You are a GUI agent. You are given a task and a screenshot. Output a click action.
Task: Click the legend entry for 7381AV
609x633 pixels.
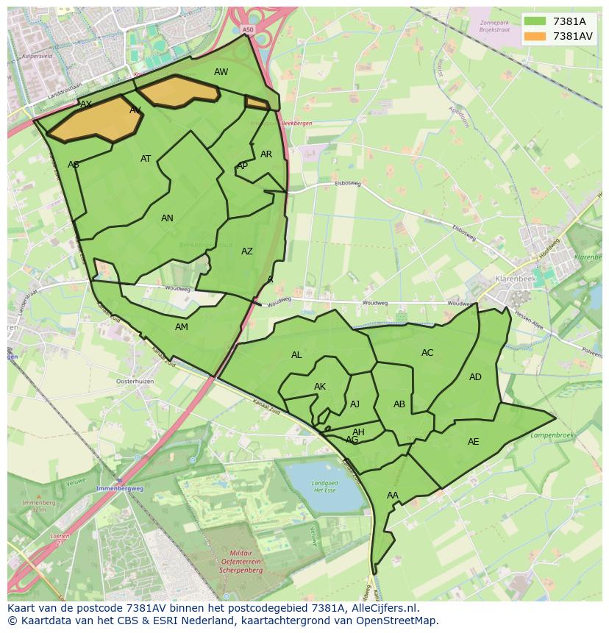click(572, 36)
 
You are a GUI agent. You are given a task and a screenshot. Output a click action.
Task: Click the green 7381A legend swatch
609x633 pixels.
click(535, 21)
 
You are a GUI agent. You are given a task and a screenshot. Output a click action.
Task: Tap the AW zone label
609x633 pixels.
click(221, 72)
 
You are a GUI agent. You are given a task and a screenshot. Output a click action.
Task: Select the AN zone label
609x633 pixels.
click(167, 218)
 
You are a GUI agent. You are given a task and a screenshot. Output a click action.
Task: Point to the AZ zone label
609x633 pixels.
click(247, 251)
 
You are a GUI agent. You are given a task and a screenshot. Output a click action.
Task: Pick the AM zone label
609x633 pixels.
click(181, 327)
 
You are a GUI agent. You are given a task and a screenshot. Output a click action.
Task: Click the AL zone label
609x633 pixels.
click(296, 355)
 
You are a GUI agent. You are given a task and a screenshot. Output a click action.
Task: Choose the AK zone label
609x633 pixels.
click(319, 387)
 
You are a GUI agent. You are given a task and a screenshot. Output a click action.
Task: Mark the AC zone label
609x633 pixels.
click(427, 353)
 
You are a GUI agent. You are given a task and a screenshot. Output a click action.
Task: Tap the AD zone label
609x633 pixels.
click(475, 377)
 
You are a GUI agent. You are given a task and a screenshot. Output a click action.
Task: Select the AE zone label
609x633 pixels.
click(473, 442)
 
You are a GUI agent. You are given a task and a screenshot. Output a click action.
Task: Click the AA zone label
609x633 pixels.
click(392, 496)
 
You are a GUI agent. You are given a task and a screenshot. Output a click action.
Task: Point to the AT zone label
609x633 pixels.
click(146, 159)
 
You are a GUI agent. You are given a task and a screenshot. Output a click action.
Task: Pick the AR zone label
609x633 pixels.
click(266, 154)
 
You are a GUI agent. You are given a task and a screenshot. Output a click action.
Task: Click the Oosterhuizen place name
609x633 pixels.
click(135, 382)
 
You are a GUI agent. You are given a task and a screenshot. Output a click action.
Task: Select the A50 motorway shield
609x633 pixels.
click(247, 30)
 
